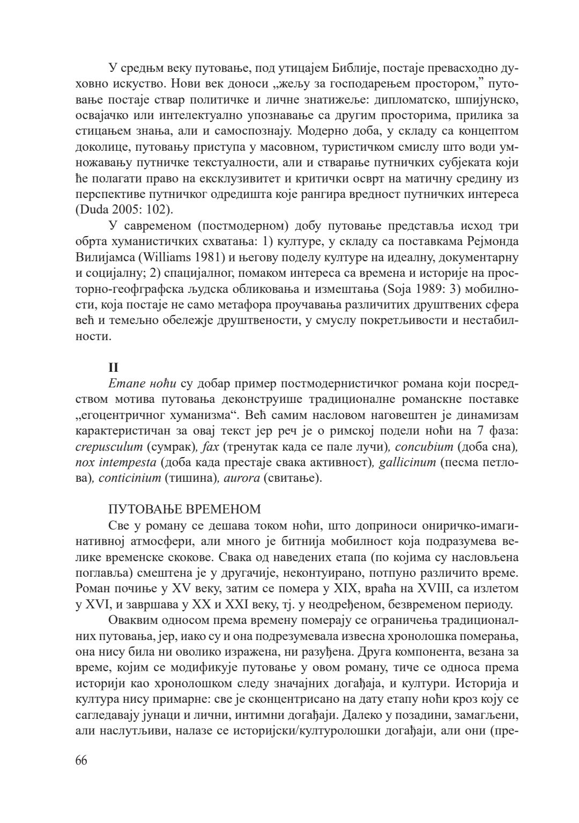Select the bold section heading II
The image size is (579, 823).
113,368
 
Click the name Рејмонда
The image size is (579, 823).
489,240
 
